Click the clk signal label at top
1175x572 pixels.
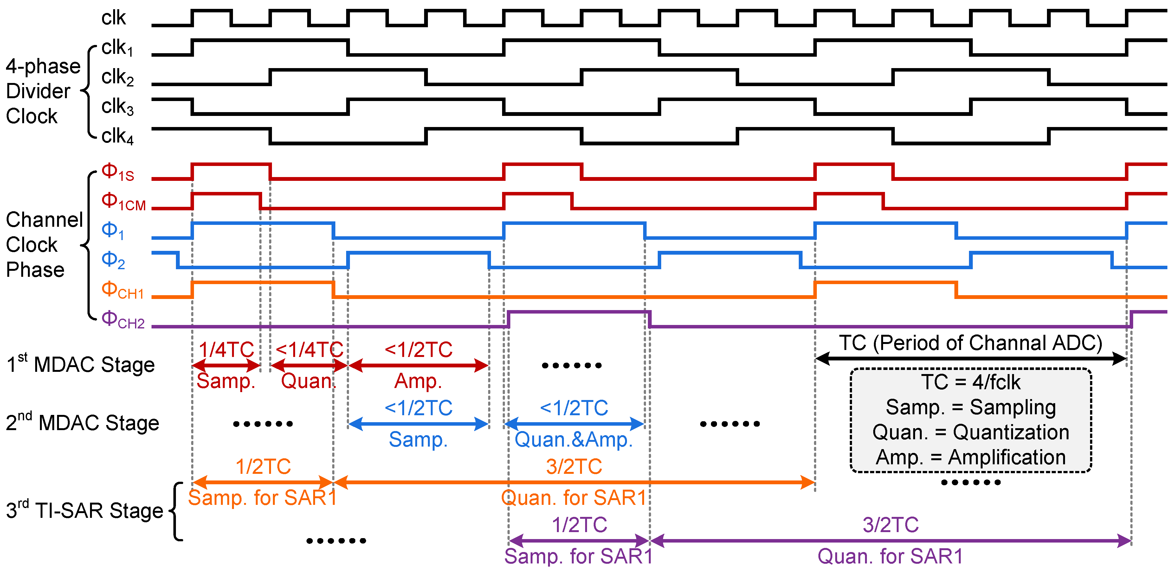(113, 18)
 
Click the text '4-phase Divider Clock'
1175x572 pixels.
(42, 91)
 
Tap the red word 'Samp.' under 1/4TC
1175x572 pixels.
(225, 381)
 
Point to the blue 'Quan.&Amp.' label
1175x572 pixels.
(573, 439)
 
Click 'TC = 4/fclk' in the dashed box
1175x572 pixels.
(970, 382)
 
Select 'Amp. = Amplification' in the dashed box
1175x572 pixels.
(970, 457)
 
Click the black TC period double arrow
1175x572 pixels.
(970, 359)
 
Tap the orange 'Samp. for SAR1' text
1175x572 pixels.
(262, 498)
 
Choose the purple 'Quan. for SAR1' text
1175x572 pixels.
(890, 556)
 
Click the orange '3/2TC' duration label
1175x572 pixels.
(574, 467)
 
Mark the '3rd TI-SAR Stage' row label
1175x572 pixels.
(84, 511)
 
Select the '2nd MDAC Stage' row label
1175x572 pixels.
(82, 423)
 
